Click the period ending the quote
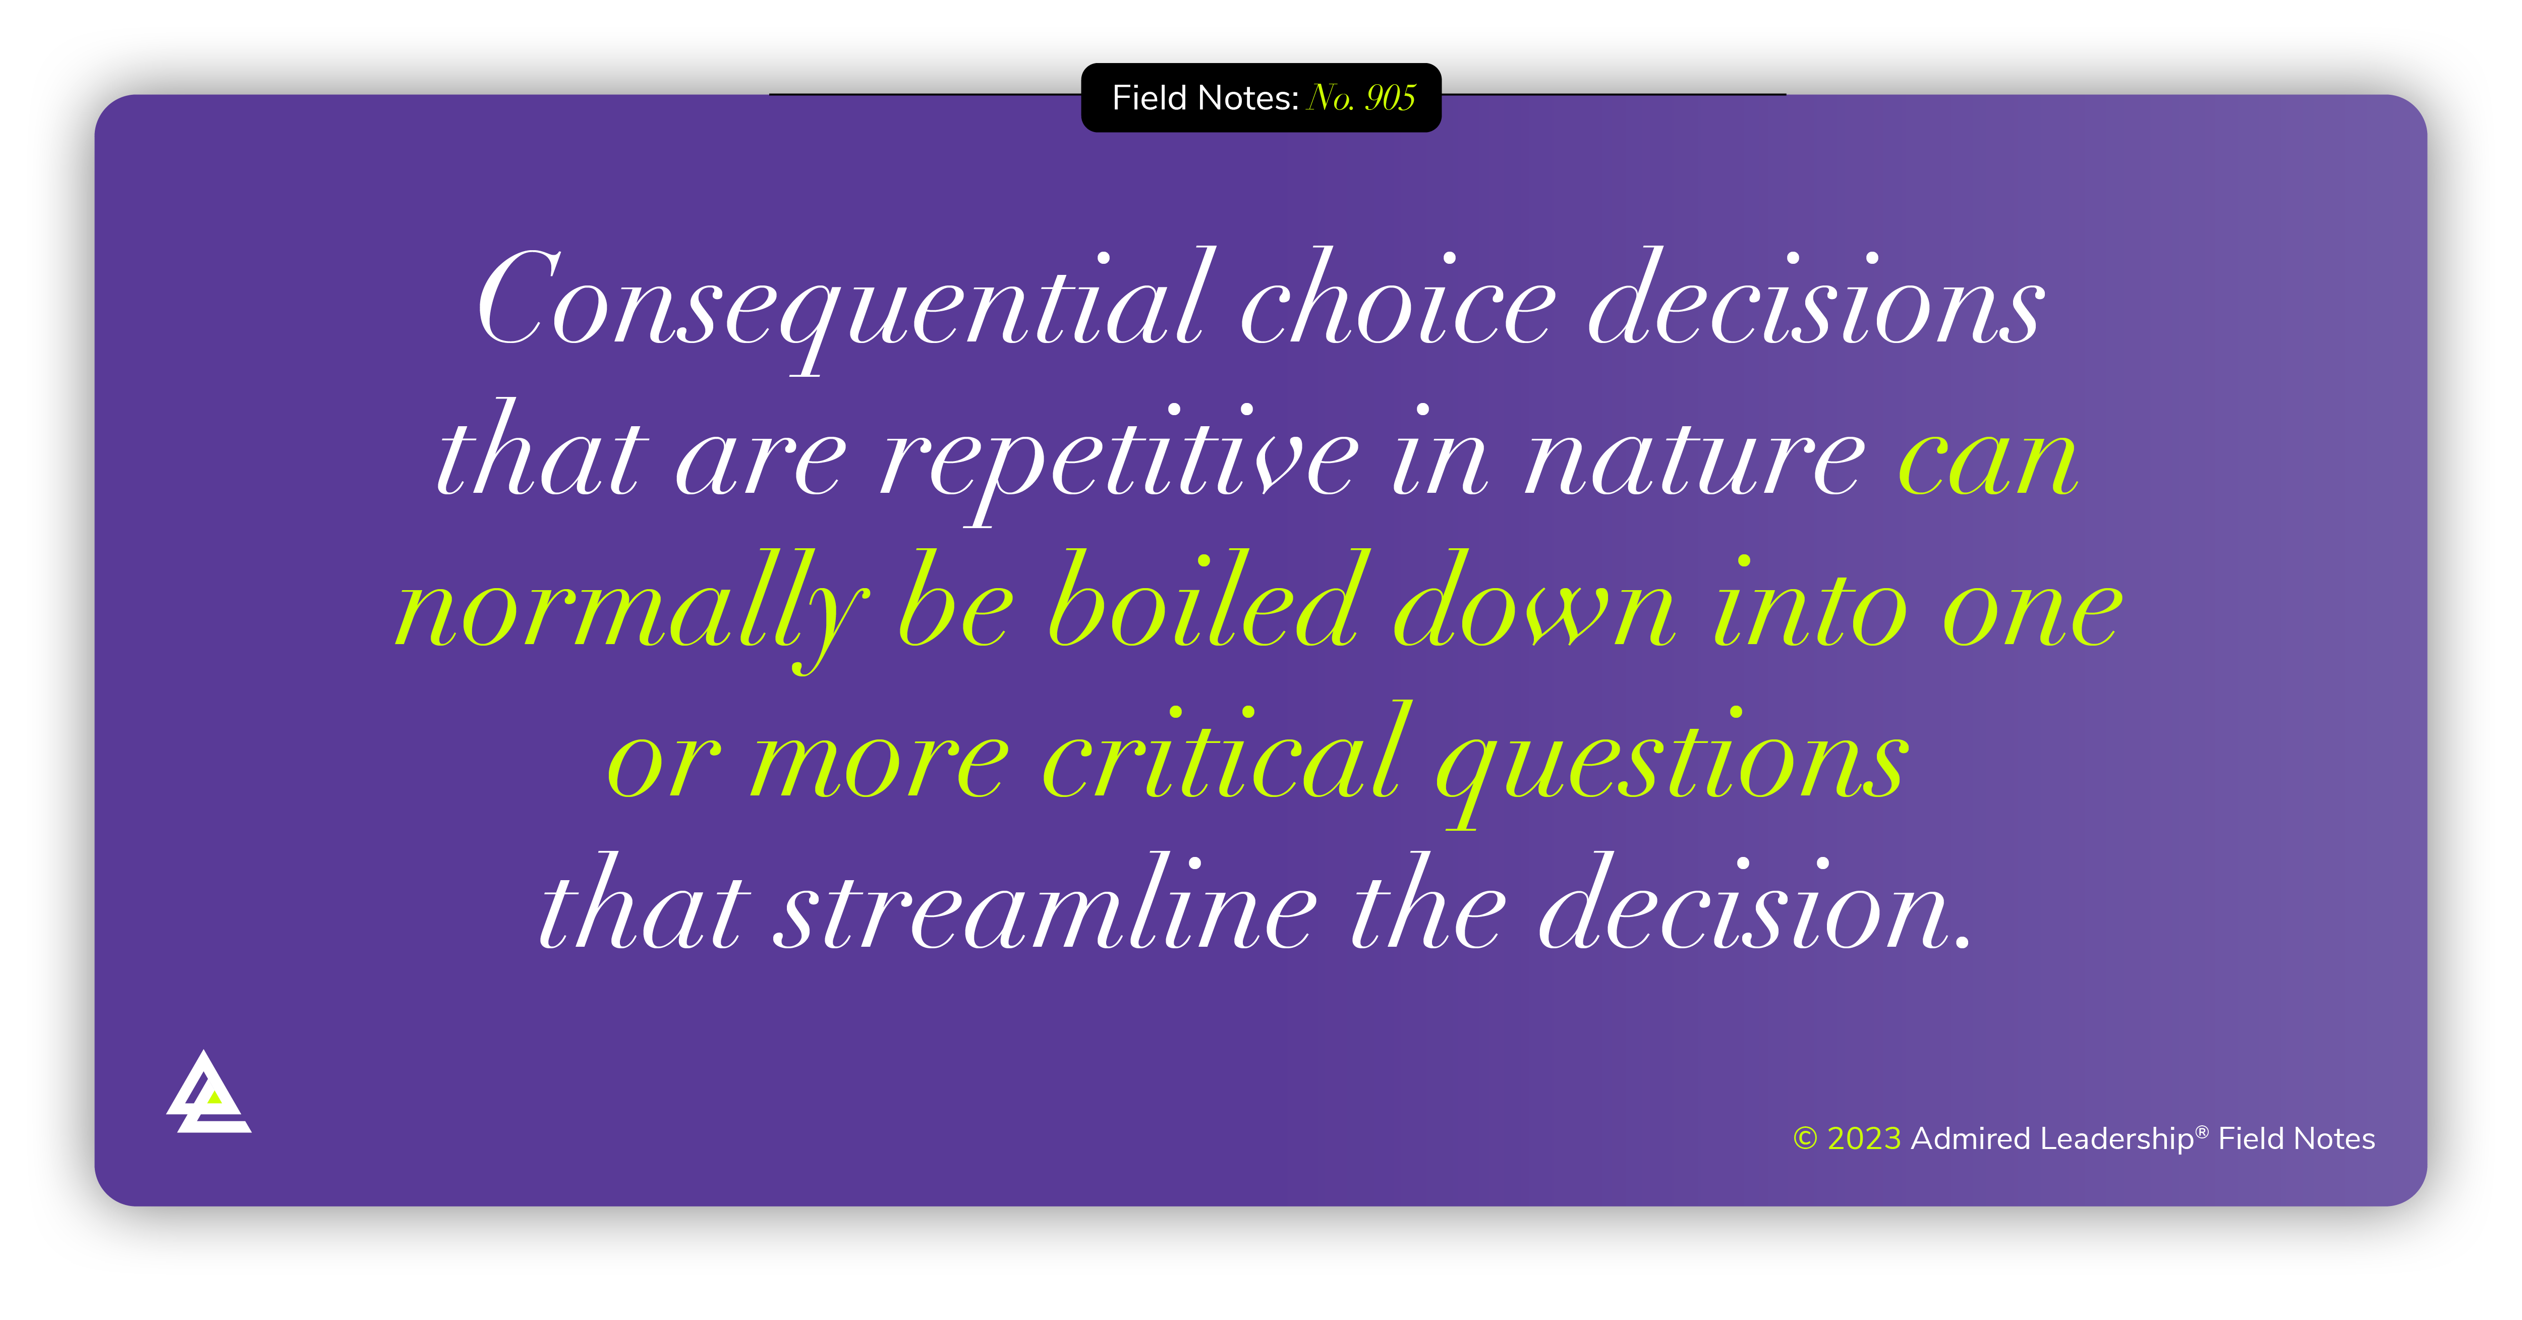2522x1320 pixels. coord(1961,944)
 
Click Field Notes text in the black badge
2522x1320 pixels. coord(1204,98)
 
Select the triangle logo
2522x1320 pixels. coord(207,1094)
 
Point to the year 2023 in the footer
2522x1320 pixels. coord(1864,1139)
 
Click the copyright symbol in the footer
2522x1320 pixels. coord(1804,1139)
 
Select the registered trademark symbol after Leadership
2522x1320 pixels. coord(2202,1131)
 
